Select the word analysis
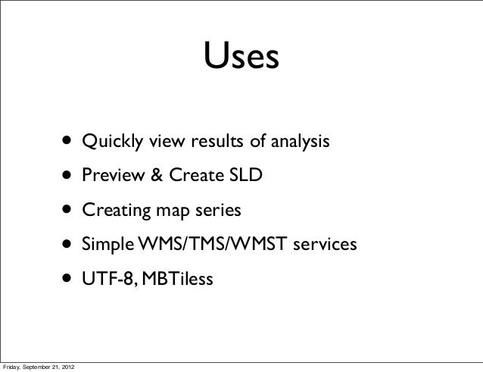pos(298,142)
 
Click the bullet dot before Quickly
pos(69,142)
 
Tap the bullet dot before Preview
pos(69,177)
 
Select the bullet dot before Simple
pos(69,246)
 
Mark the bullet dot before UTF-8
pos(69,281)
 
